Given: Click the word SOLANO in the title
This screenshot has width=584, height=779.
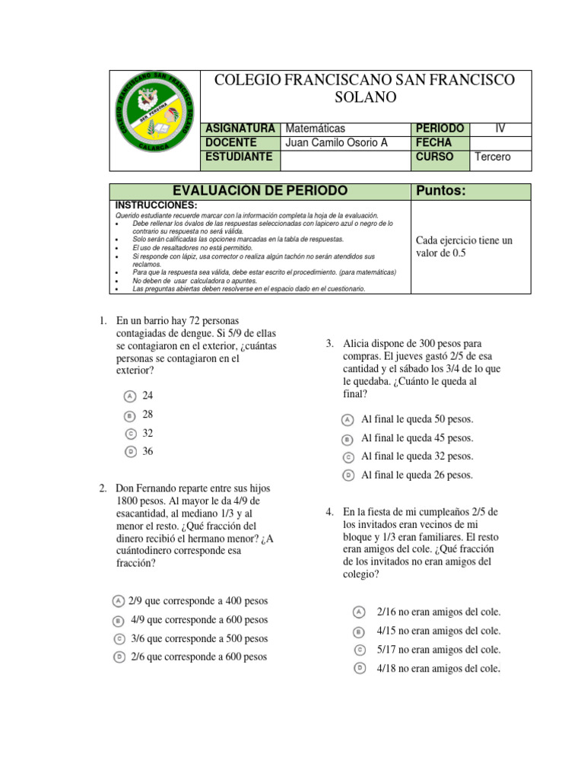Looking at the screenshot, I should [366, 97].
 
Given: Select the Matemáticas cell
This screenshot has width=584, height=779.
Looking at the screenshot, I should [315, 128].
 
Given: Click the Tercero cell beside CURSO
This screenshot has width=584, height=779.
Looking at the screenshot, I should [492, 157].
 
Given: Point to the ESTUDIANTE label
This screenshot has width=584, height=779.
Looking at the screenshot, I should [239, 157].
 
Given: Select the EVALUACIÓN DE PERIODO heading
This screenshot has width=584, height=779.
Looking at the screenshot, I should [260, 191].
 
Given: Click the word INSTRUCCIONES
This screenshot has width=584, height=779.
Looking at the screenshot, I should [156, 205].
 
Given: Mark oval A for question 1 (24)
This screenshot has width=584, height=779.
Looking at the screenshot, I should [130, 396].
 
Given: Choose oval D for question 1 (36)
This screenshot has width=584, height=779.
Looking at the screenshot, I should [130, 452].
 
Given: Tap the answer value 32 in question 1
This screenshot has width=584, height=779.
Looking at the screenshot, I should [148, 433].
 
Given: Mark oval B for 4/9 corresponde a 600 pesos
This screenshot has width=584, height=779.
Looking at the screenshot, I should [119, 621].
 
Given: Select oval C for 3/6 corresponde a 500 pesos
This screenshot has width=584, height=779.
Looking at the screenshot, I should [119, 639].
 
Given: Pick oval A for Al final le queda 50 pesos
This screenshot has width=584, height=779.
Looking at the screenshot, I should [347, 420].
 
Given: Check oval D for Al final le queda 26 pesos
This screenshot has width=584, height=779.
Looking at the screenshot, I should [347, 475].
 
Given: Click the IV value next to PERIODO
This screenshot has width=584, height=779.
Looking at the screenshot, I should [500, 128].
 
